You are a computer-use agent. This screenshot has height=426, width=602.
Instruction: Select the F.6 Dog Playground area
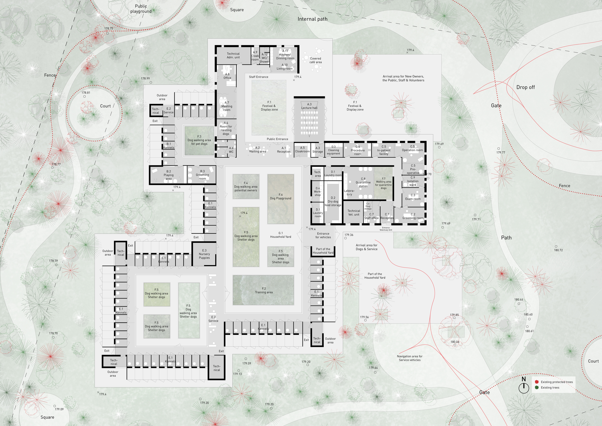[281, 199]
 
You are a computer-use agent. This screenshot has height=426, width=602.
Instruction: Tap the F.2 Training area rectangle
[263, 290]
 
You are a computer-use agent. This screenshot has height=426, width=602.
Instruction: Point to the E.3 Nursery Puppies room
[204, 254]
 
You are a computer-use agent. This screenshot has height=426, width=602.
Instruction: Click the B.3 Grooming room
[202, 175]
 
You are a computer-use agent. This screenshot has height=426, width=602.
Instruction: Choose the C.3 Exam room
[413, 197]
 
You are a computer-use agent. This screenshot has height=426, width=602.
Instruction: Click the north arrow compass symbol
[524, 387]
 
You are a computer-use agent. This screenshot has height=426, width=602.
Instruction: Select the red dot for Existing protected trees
[537, 382]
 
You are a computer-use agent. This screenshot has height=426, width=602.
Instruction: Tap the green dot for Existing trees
[537, 387]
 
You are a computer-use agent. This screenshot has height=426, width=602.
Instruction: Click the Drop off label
[526, 87]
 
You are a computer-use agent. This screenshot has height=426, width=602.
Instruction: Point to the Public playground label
[141, 9]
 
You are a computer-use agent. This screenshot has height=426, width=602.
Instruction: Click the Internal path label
[312, 19]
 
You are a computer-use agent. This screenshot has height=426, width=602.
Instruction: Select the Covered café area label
[315, 60]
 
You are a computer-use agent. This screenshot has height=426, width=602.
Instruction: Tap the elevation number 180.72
[558, 250]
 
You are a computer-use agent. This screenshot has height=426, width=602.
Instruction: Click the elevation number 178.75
[109, 29]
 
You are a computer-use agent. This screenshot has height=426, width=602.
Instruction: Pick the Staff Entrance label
[259, 77]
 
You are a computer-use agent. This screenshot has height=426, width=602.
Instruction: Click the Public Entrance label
[277, 139]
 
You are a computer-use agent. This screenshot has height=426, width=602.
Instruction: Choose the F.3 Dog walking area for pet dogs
[199, 140]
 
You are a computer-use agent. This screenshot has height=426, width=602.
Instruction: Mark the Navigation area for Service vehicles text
[410, 358]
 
